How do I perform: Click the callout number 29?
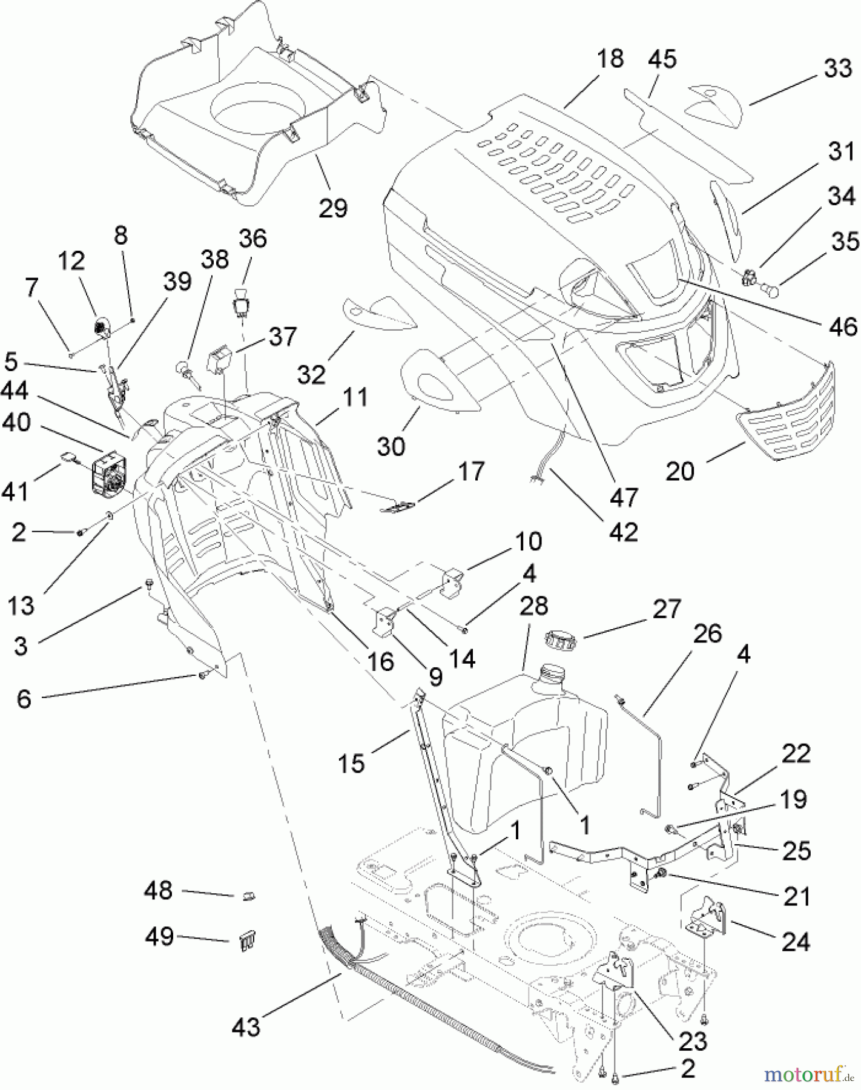332,208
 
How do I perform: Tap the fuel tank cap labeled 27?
560,638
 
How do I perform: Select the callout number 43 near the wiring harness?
246,1027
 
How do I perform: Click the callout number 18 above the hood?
609,59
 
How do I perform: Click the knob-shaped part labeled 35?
771,290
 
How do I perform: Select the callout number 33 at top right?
837,68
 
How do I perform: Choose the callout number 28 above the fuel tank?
533,606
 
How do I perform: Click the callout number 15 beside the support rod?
352,763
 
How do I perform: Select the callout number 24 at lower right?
795,942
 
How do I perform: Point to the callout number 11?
355,398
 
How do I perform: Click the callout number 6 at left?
24,698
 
